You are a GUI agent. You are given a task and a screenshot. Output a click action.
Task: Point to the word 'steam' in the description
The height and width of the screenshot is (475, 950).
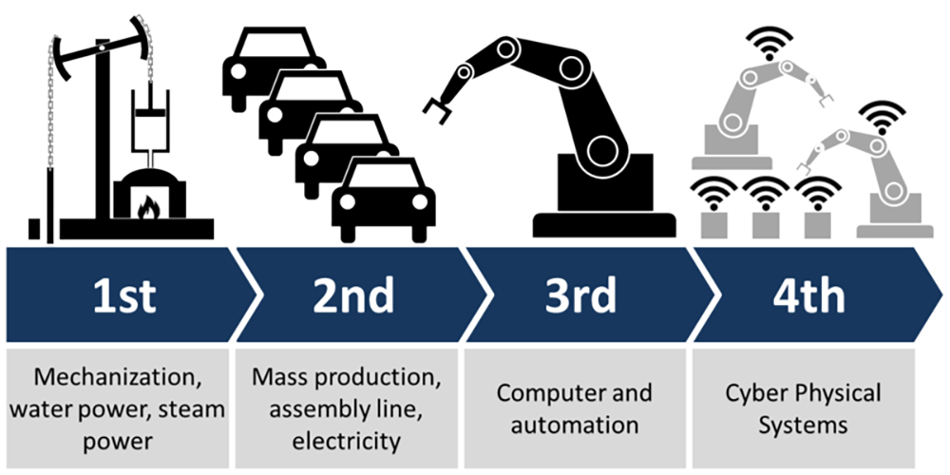pos(191,409)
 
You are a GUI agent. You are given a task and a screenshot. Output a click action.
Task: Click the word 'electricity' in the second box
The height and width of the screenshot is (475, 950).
pos(347,442)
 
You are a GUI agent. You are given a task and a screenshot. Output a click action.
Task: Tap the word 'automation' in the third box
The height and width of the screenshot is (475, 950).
pos(575,425)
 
